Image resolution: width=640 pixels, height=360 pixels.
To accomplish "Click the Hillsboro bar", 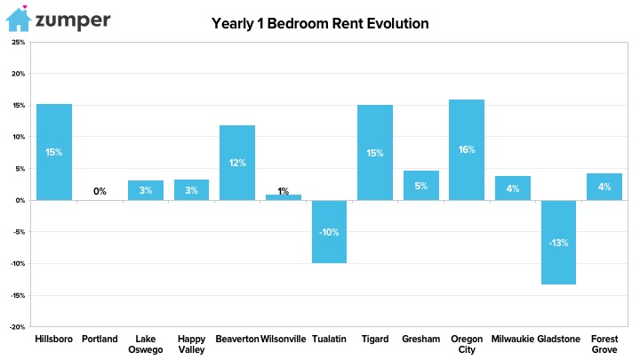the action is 54,152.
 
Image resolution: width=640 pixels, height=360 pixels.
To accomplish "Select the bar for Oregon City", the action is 467,150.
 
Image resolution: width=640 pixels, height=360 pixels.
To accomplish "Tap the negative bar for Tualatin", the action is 329,231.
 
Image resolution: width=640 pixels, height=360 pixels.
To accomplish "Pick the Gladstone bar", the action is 558,242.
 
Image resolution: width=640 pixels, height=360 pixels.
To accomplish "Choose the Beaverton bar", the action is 237,163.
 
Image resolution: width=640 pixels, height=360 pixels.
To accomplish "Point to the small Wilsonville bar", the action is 284,197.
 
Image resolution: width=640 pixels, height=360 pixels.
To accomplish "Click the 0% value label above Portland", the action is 100,191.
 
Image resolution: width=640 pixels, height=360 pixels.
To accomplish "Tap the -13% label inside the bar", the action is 558,243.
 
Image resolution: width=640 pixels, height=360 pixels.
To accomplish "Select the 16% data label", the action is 467,149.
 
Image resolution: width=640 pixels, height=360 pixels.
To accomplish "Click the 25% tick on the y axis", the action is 19,42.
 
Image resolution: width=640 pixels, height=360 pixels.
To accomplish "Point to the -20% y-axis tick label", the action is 18,327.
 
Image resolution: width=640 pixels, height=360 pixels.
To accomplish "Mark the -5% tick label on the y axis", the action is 19,232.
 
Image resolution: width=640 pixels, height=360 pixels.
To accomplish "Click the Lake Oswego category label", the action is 145,344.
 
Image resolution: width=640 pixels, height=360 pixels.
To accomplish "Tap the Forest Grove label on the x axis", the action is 604,344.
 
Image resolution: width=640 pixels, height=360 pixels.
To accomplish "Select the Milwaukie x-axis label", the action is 513,339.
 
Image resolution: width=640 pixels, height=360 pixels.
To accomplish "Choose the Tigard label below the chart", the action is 375,340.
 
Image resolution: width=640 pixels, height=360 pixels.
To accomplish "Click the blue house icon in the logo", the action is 19,19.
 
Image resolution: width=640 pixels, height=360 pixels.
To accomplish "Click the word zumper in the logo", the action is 73,20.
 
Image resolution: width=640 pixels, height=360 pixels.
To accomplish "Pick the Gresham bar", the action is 421,185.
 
